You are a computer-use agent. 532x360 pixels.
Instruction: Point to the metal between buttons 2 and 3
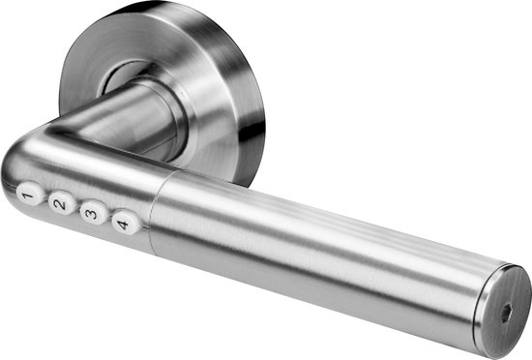pyautogui.click(x=75, y=208)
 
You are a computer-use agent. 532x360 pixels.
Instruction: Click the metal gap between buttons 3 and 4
pyautogui.click(x=106, y=219)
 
